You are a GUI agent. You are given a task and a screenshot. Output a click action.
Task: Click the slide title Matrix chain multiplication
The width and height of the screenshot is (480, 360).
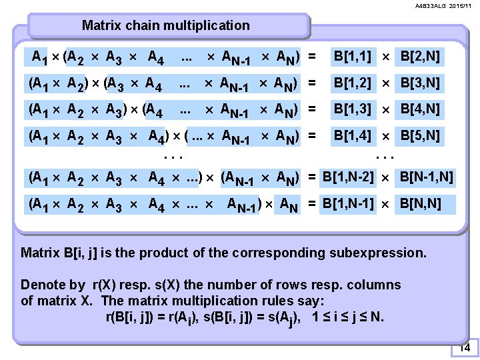(165, 26)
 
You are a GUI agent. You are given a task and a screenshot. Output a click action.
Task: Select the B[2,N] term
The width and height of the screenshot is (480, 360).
(420, 57)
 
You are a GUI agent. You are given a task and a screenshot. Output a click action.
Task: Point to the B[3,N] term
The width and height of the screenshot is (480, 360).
(420, 83)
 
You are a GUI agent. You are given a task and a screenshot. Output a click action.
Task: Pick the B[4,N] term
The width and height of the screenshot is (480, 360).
(420, 109)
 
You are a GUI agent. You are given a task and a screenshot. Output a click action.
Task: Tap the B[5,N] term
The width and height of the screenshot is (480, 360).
(420, 136)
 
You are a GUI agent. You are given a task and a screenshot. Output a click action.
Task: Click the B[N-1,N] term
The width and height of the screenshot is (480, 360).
(426, 177)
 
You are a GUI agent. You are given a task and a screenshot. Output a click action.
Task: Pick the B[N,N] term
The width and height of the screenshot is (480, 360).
(420, 203)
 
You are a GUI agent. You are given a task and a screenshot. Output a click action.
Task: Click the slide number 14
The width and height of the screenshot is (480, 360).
(465, 348)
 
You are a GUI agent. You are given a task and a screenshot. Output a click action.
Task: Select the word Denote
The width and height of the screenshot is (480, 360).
(44, 285)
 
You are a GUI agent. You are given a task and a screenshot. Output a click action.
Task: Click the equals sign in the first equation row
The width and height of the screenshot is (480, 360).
(312, 57)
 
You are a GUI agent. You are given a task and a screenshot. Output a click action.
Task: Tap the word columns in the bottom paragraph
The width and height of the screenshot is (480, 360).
(377, 285)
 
